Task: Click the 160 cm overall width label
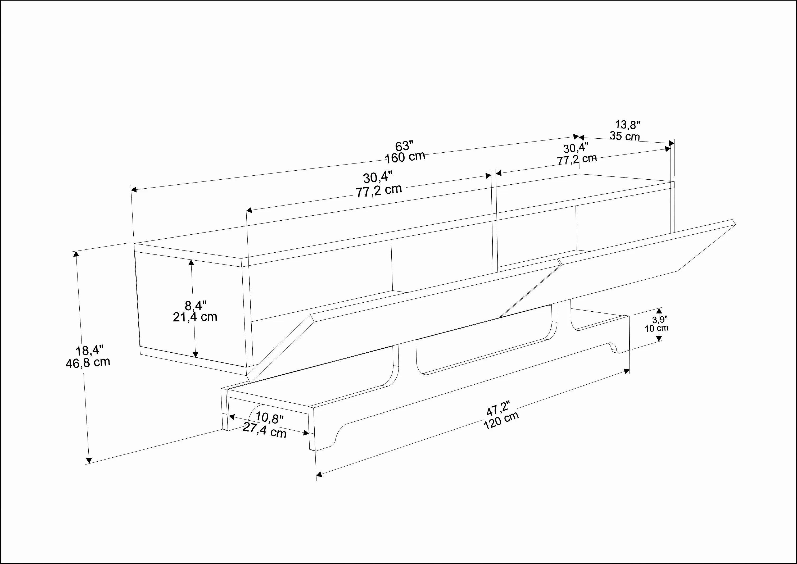tap(405, 157)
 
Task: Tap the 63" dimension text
tap(404, 146)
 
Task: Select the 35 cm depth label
tap(624, 136)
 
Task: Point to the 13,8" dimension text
tap(628, 124)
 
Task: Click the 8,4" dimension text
tap(196, 306)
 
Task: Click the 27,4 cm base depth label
tap(264, 430)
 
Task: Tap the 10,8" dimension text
tap(269, 418)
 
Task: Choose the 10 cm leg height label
tap(656, 328)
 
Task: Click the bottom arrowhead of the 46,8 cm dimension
tap(89, 461)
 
